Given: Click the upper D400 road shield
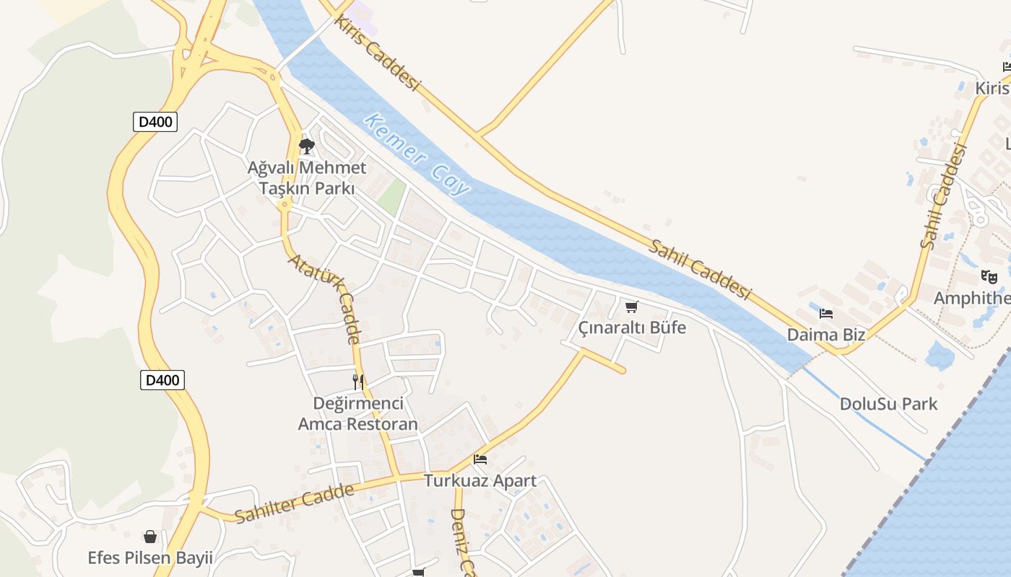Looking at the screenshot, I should [155, 122].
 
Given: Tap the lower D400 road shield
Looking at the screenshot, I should [162, 380].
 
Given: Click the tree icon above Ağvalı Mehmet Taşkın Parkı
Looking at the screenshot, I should [307, 146].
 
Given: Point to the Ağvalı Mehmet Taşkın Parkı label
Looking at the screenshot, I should [307, 178].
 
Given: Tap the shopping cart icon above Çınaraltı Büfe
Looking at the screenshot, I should [632, 307].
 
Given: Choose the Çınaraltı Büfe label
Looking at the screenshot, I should [632, 328].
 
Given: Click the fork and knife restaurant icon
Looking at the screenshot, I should [358, 382].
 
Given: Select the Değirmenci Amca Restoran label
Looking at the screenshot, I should [358, 413].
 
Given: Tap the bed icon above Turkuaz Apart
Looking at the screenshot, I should [480, 459].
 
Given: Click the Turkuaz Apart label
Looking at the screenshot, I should [480, 480].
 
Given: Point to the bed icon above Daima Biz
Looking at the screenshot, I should [826, 314].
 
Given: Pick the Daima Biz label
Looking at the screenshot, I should [826, 335].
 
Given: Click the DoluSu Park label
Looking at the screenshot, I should [888, 404].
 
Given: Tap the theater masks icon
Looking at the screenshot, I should [989, 276].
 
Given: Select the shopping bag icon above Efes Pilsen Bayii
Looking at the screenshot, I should [150, 537].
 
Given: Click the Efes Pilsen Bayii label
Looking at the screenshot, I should [150, 558].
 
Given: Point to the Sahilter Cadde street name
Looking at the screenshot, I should [295, 503].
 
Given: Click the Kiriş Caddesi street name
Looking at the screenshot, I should [377, 54].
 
